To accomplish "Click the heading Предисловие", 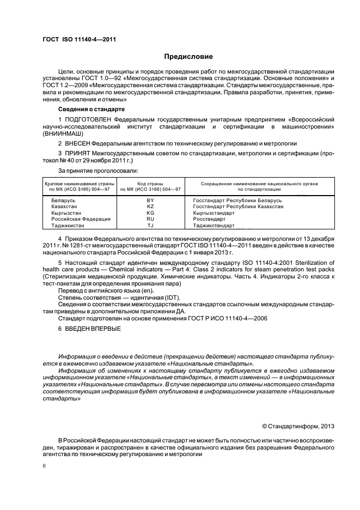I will point(188,57).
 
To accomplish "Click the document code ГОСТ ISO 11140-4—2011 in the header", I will point(79,40).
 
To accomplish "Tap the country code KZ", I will point(151,207).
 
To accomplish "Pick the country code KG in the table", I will point(151,212).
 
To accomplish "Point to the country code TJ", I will point(151,224).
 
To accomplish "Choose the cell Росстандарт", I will point(210,218).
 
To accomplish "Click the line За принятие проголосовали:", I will point(90,171).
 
